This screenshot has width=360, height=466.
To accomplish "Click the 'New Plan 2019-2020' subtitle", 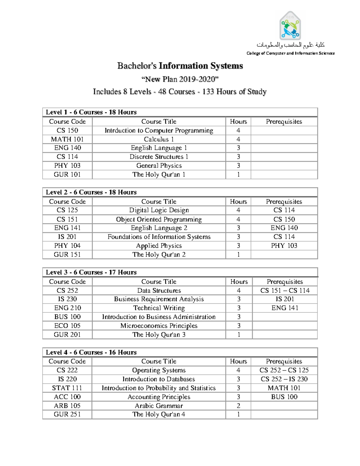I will (x=180, y=79).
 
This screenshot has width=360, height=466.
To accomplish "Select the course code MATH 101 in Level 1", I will (x=67, y=139).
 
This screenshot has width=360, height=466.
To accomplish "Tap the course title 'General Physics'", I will (x=159, y=166).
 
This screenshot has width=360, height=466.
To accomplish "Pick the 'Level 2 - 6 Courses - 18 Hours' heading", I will (x=91, y=192).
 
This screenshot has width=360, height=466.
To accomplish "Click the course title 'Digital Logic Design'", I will (x=159, y=210).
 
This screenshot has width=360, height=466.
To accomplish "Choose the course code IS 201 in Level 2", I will (x=67, y=237).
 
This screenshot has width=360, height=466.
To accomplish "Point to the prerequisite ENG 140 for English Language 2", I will (x=284, y=228).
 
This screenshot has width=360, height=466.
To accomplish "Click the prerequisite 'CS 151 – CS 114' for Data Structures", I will (x=285, y=290).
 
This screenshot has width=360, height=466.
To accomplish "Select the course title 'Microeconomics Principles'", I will (x=159, y=326).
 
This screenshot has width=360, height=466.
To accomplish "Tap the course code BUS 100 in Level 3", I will (x=67, y=317).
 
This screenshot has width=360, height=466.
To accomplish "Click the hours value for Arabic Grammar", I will (x=238, y=406).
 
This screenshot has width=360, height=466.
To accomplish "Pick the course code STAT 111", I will (x=67, y=388).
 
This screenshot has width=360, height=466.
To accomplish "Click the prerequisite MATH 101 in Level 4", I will (x=284, y=388).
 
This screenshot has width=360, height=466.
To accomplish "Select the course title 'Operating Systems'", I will (x=159, y=370).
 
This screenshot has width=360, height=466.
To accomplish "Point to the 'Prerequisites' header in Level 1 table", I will (x=284, y=122).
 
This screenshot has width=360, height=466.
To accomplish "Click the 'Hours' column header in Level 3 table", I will (x=239, y=282).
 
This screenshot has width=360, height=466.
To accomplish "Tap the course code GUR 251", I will (x=67, y=414).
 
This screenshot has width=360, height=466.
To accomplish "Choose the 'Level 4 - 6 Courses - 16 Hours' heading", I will (x=91, y=352).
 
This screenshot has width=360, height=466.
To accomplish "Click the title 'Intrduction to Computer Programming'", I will (x=159, y=131).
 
